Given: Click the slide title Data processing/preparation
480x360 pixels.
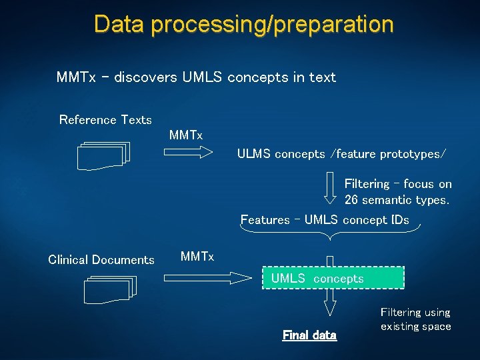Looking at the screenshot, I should tap(243, 24).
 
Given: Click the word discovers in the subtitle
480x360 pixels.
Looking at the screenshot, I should tap(145, 77).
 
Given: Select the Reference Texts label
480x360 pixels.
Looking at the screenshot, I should tap(105, 120).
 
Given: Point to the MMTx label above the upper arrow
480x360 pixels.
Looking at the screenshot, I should tap(185, 135).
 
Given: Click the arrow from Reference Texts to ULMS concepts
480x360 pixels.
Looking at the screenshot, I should tap(192, 153).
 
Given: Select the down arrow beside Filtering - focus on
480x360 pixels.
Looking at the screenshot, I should tap(330, 187).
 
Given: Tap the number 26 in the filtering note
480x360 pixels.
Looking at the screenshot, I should tap(352, 199).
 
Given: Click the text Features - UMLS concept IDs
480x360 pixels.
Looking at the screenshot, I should tap(325, 219).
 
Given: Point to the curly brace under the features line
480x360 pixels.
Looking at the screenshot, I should tap(330, 231).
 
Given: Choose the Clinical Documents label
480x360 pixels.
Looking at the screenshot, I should tap(101, 260).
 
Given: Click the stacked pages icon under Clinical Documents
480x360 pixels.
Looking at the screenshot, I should tap(110, 289).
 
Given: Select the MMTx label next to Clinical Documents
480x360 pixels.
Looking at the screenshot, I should tap(197, 256).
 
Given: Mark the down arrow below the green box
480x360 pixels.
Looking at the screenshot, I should tap(330, 303).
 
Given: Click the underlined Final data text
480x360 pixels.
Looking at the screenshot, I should tap(309, 335).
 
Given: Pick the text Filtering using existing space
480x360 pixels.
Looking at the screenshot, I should tap(415, 319).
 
